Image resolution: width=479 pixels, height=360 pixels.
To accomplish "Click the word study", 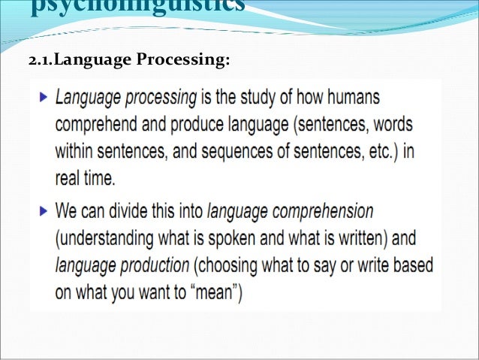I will coord(262,98).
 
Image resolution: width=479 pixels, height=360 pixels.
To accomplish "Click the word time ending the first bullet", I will coord(97,177).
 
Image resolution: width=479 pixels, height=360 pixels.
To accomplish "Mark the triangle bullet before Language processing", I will coord(42,98).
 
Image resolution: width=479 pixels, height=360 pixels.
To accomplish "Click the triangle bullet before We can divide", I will coord(42,210).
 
